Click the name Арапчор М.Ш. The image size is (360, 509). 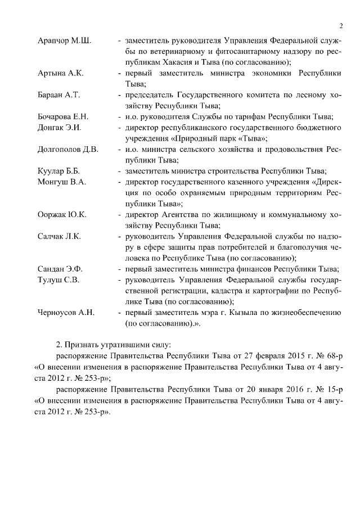65,42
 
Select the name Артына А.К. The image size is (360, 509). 60,74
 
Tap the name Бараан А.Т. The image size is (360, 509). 58,95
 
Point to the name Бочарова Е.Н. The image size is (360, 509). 63,117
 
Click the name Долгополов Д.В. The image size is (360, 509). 68,149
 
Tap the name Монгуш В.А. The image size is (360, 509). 61,182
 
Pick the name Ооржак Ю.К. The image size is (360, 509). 62,214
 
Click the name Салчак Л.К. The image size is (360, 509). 59,236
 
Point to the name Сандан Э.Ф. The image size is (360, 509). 60,268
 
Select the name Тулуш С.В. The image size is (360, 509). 58,279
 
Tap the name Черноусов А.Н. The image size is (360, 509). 66,312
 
